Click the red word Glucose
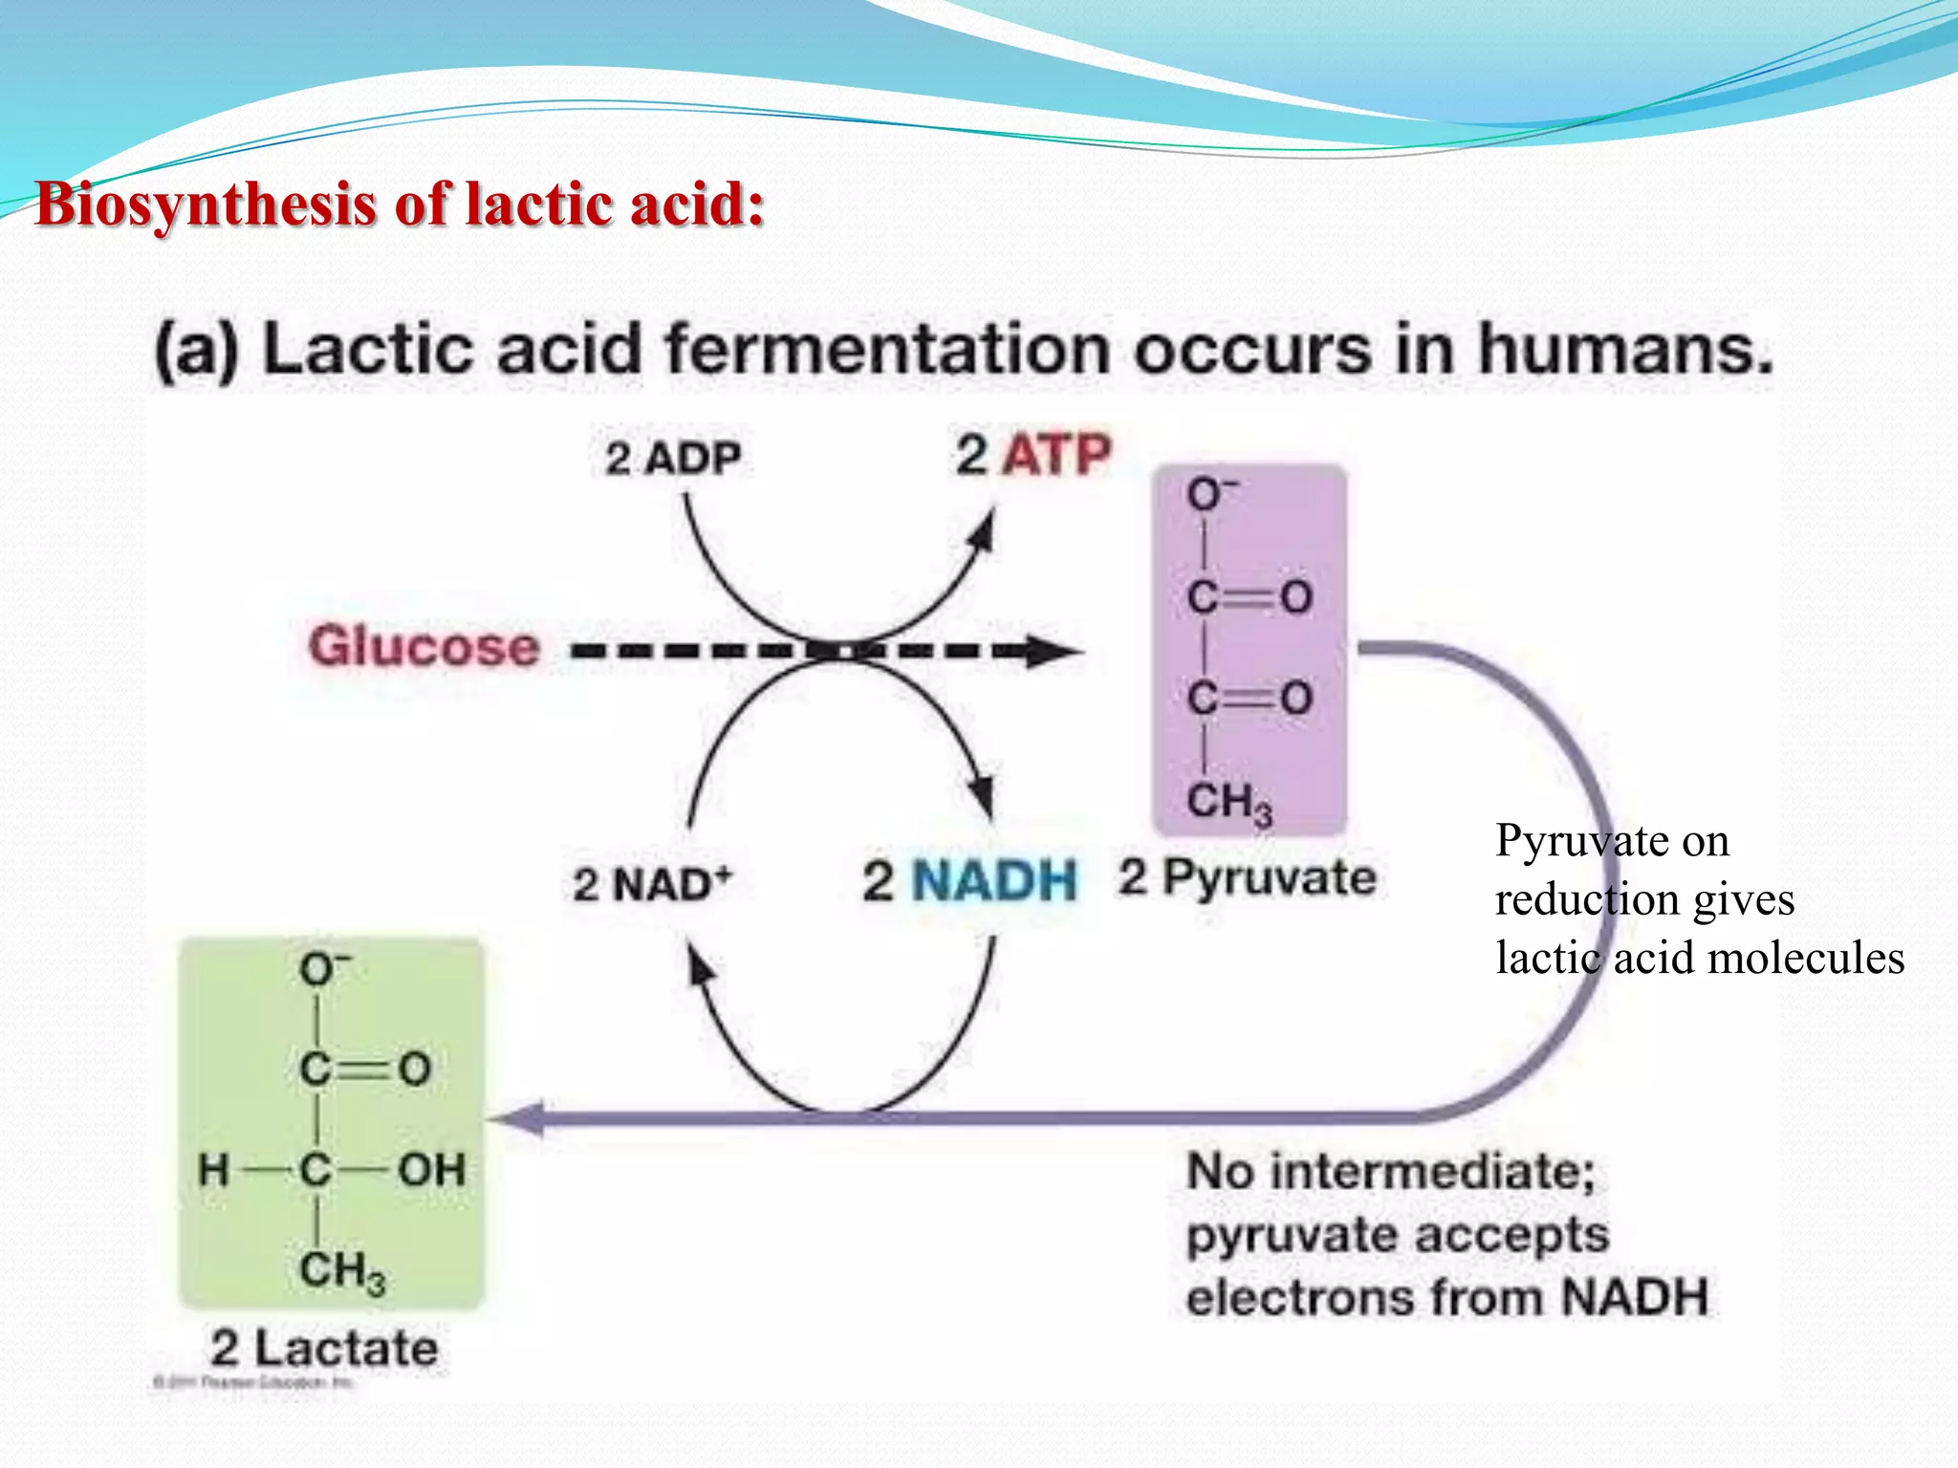tap(424, 647)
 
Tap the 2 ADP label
tap(672, 459)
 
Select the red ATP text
tap(1056, 455)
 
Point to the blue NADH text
tap(994, 880)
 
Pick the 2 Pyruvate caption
tap(1248, 877)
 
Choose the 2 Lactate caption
tap(324, 1349)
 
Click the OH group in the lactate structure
tap(431, 1170)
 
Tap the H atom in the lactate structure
tap(214, 1170)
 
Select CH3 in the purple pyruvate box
tap(1229, 803)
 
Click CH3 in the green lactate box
tap(341, 1272)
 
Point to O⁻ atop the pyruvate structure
tap(1209, 494)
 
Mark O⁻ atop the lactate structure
tap(324, 969)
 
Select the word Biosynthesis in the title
tap(205, 205)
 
